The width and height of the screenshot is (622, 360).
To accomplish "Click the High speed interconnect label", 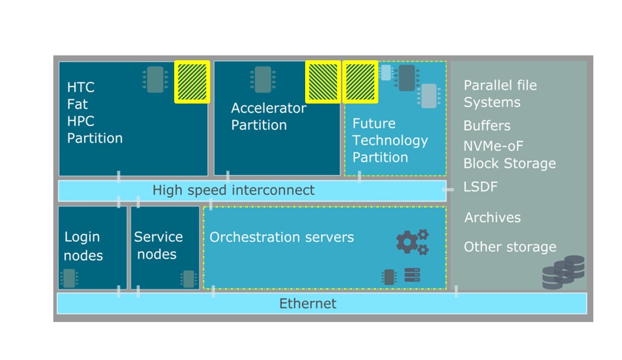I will [233, 190].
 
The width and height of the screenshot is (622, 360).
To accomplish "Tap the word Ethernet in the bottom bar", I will [308, 303].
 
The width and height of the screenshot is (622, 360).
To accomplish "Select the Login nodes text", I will [82, 246].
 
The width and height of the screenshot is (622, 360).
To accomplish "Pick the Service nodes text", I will [158, 245].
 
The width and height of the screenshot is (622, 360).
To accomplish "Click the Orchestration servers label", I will [281, 237].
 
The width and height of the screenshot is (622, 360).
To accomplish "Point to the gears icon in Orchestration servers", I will [412, 242].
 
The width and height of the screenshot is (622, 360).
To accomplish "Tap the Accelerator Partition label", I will [268, 116].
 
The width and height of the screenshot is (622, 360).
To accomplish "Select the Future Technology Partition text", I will [390, 140].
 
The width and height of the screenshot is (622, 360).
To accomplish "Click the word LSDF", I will [480, 187].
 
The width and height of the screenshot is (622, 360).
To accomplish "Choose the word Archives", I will [492, 218].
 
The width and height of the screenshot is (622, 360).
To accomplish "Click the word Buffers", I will [487, 126].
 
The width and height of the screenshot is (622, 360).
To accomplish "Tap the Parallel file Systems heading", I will [500, 94].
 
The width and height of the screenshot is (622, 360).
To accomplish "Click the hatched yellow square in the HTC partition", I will [192, 82].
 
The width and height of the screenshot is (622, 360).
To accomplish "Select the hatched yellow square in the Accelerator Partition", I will [323, 82].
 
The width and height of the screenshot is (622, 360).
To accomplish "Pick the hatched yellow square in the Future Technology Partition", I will [360, 82].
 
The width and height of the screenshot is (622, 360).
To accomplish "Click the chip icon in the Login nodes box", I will [69, 278].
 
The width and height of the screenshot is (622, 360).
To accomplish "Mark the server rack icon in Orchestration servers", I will [412, 275].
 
